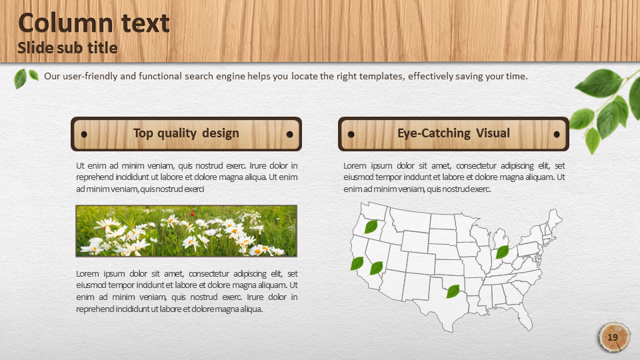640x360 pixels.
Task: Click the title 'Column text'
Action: (x=94, y=23)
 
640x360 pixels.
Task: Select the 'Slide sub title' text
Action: (x=67, y=48)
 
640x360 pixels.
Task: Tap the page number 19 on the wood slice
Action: (x=613, y=337)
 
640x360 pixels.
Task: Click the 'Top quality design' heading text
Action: (x=186, y=133)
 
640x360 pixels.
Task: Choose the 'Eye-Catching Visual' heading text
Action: (x=453, y=133)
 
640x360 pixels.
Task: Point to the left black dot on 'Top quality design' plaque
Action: (x=84, y=134)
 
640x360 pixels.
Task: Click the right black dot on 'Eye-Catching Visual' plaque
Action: (x=556, y=134)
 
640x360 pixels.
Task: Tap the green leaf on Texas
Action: (x=453, y=291)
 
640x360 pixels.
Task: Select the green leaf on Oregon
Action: (x=371, y=227)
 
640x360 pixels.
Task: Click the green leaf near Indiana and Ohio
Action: (x=502, y=252)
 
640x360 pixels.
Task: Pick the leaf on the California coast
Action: (x=357, y=263)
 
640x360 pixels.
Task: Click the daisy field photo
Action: (x=186, y=231)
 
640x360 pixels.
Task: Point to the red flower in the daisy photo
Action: (x=192, y=213)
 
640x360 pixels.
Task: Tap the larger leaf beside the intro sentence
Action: (x=20, y=79)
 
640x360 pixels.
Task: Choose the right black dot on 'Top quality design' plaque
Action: (x=290, y=134)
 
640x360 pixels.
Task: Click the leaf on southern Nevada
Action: (x=376, y=268)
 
